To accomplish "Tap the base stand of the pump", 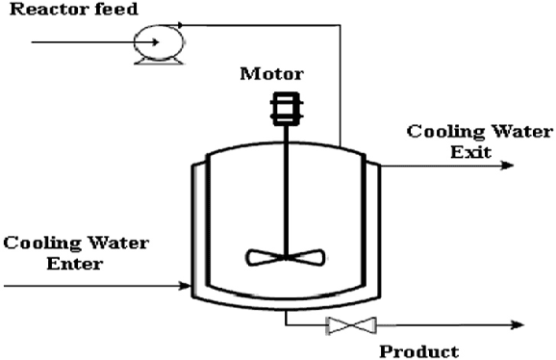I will tap(150, 61).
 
